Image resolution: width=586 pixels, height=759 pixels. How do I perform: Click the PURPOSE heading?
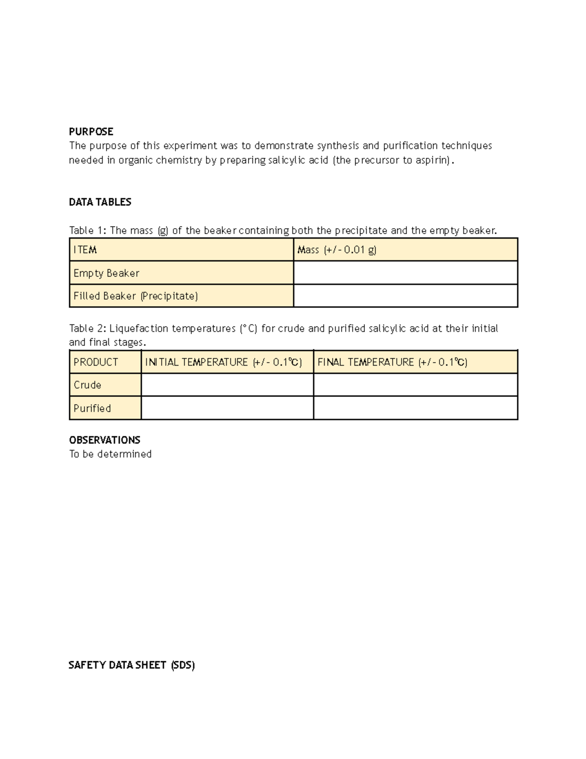pyautogui.click(x=91, y=131)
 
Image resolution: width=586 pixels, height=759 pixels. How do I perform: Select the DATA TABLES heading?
pyautogui.click(x=100, y=202)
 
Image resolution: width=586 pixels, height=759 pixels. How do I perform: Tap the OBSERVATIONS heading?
pyautogui.click(x=105, y=440)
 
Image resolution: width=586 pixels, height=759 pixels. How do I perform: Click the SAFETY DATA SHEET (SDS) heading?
pyautogui.click(x=131, y=665)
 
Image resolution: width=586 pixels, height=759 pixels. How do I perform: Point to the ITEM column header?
pyautogui.click(x=85, y=250)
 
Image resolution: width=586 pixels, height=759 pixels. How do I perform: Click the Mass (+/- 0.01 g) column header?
pyautogui.click(x=336, y=250)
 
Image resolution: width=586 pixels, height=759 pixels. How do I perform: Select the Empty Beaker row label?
pyautogui.click(x=106, y=273)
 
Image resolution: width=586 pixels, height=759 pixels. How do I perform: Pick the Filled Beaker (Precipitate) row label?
pyautogui.click(x=135, y=296)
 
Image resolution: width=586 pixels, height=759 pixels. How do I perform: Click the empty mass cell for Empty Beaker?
pyautogui.click(x=405, y=273)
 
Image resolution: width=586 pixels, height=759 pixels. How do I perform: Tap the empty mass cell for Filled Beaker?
pyautogui.click(x=405, y=296)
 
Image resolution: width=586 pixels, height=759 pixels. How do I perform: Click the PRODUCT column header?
pyautogui.click(x=96, y=362)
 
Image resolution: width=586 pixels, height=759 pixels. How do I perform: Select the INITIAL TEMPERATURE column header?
pyautogui.click(x=223, y=362)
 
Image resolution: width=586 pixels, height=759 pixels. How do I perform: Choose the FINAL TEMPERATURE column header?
pyautogui.click(x=392, y=362)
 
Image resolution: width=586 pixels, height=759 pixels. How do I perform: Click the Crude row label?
pyautogui.click(x=87, y=385)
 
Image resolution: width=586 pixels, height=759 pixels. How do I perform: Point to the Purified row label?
pyautogui.click(x=92, y=408)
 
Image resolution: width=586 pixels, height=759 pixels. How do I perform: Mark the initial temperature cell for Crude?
pyautogui.click(x=227, y=385)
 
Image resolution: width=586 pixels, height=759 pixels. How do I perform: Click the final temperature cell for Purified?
pyautogui.click(x=415, y=408)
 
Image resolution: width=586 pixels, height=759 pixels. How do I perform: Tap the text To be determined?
pyautogui.click(x=110, y=454)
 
